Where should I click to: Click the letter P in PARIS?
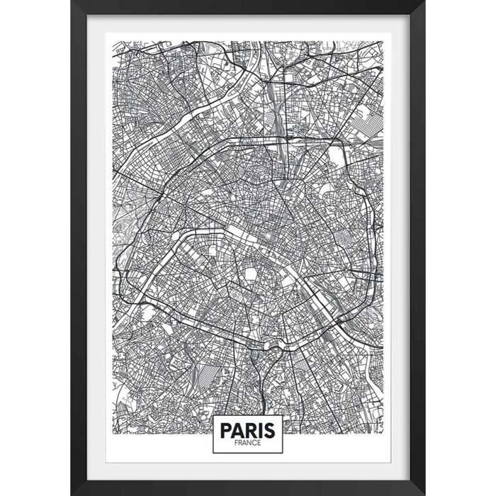coord(226,430)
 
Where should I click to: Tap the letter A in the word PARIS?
coord(239,430)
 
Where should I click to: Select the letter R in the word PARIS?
coord(252,430)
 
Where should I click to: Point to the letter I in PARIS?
coord(262,430)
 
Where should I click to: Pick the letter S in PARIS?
coord(271,430)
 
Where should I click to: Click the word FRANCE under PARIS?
coord(248,443)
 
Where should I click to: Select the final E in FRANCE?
coord(259,443)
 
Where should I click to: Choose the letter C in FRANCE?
coord(255,443)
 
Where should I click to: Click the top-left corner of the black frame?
coord(72,1)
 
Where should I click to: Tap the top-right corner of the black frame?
coord(424,1)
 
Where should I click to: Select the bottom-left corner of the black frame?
coord(72,494)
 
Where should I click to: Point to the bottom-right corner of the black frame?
coord(424,494)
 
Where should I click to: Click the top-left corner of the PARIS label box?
coord(213,415)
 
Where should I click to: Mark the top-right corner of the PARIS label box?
coord(283,415)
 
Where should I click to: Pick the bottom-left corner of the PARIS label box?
coord(213,453)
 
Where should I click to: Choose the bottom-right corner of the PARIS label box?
coord(283,453)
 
